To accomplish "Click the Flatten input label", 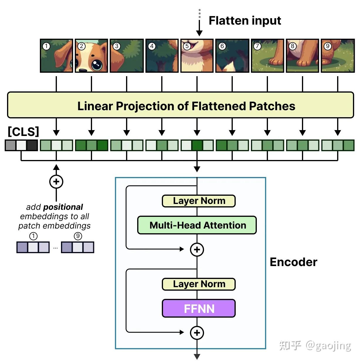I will (244, 21).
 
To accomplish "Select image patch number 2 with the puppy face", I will (91, 56).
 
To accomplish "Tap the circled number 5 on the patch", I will (187, 46).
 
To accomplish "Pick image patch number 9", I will (337, 56).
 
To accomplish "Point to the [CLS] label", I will (23, 132).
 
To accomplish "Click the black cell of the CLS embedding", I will (32, 145).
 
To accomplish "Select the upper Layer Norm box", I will (199, 201).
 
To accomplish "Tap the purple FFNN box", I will (199, 308).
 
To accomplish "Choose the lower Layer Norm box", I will (199, 284).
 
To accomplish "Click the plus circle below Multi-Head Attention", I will (197, 250).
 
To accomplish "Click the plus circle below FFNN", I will (197, 333).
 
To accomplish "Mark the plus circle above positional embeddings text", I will (56, 182).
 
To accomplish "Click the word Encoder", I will (293, 262).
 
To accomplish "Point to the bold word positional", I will (63, 207).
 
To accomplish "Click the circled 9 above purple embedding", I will (78, 236).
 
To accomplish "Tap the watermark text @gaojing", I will (328, 346).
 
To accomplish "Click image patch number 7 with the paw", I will (267, 56).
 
